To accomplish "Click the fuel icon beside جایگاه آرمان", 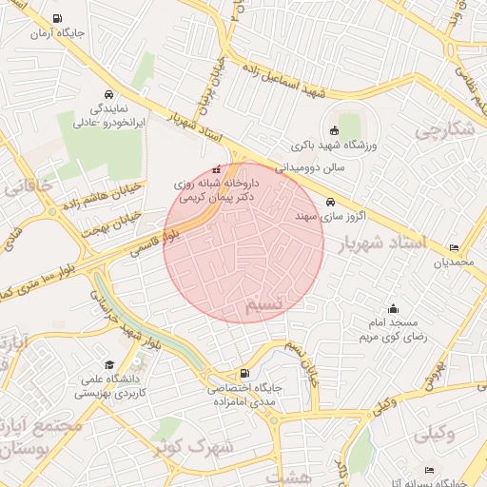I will pos(59,18).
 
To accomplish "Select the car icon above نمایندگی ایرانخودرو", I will pos(107,95).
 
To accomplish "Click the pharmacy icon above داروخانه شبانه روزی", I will pos(215,169).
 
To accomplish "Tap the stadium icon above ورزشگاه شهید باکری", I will pos(334,130).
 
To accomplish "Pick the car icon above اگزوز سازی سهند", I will pos(330,202).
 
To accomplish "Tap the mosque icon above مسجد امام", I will pos(393,308).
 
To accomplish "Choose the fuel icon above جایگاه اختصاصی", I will pos(245,373).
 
